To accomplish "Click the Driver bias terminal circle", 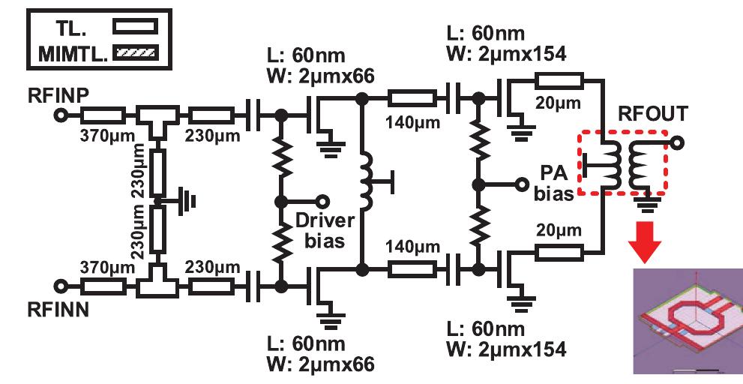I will pyautogui.click(x=323, y=201).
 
